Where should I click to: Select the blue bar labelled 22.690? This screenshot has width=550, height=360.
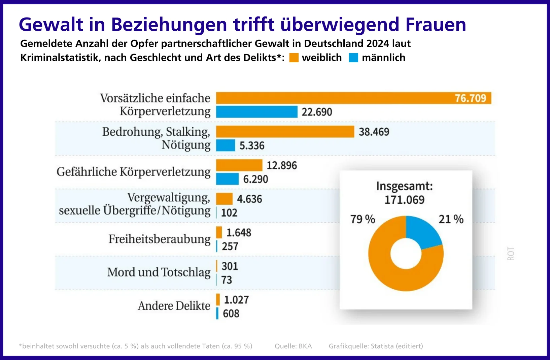tap(256, 112)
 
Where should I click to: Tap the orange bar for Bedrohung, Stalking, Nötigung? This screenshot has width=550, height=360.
tap(285, 132)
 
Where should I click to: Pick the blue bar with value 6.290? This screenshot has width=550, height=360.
tap(227, 179)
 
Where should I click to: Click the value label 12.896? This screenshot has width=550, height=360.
tap(282, 165)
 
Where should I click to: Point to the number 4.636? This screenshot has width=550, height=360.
tap(249, 199)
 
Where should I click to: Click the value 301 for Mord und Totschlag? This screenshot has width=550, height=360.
tap(230, 266)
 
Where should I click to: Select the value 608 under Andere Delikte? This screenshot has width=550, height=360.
tap(231, 314)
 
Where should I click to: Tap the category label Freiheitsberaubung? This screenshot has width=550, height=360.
tap(159, 239)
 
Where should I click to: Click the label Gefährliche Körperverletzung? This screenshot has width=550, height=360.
tap(133, 172)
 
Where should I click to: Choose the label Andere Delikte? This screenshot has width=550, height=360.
tap(174, 306)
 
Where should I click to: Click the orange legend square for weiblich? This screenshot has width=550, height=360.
tap(294, 58)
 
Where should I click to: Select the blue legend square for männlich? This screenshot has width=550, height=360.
tap(353, 58)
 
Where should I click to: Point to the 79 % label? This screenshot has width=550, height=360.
tap(363, 219)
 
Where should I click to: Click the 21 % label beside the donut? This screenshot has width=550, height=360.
tap(451, 219)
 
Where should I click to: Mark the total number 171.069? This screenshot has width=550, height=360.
tap(404, 200)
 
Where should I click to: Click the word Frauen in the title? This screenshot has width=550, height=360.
tap(436, 25)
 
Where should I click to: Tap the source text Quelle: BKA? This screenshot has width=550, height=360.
tap(293, 346)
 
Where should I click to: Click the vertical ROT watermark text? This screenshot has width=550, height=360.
tap(511, 254)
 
